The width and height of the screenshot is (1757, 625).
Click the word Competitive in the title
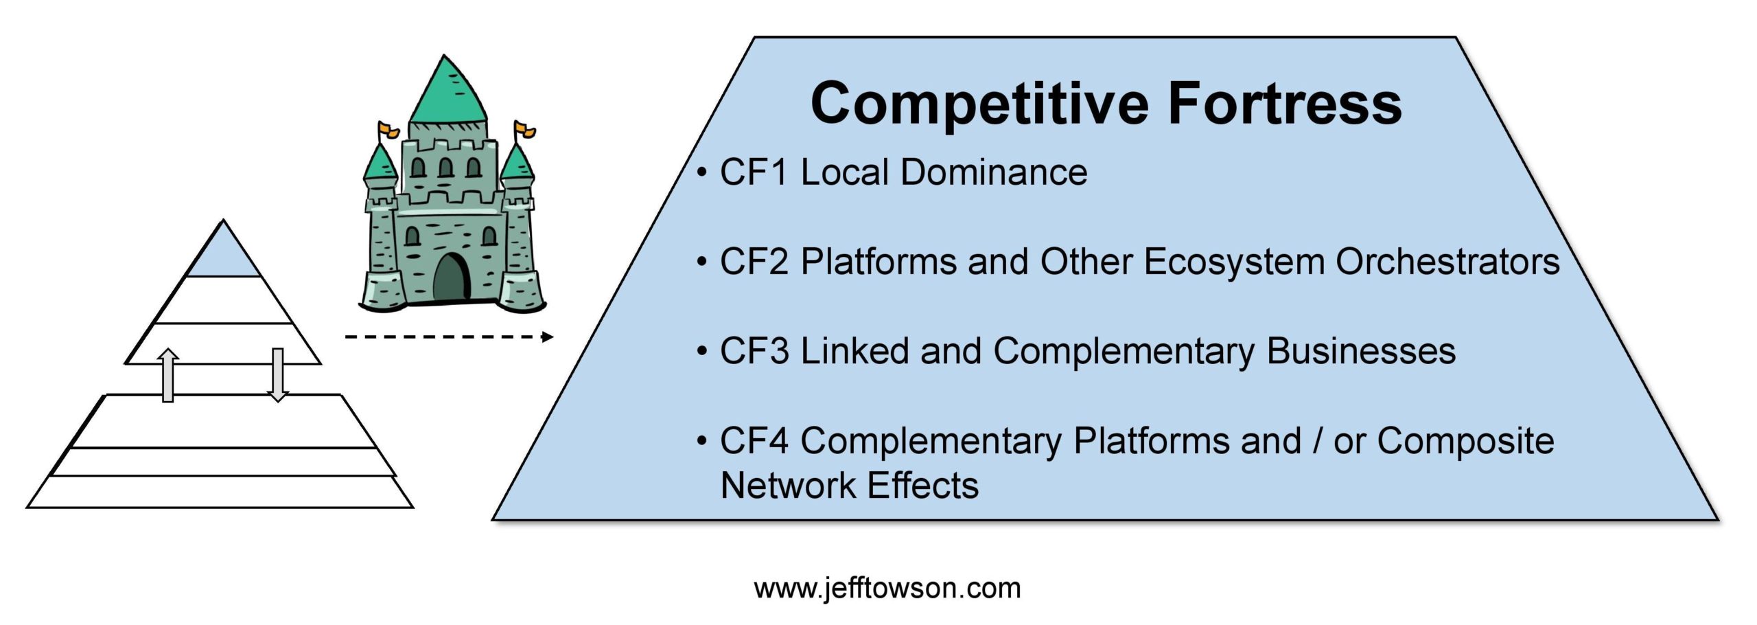pyautogui.click(x=979, y=104)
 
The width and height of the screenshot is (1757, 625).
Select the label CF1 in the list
pyautogui.click(x=754, y=172)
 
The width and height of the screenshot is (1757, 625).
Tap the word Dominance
pyautogui.click(x=994, y=172)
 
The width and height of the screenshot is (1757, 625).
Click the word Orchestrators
pyautogui.click(x=1447, y=262)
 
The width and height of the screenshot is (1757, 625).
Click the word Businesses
pyautogui.click(x=1361, y=351)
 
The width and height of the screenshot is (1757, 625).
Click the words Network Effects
pyautogui.click(x=850, y=486)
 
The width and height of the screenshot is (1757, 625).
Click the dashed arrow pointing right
pyautogui.click(x=449, y=337)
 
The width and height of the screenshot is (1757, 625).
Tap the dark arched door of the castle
pyautogui.click(x=452, y=277)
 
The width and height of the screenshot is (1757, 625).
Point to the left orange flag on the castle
pyautogui.click(x=388, y=128)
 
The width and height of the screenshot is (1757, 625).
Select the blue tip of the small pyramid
pyautogui.click(x=223, y=252)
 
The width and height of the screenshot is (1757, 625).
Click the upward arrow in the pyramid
pyautogui.click(x=168, y=375)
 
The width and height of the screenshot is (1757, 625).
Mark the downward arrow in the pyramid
pyautogui.click(x=277, y=375)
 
